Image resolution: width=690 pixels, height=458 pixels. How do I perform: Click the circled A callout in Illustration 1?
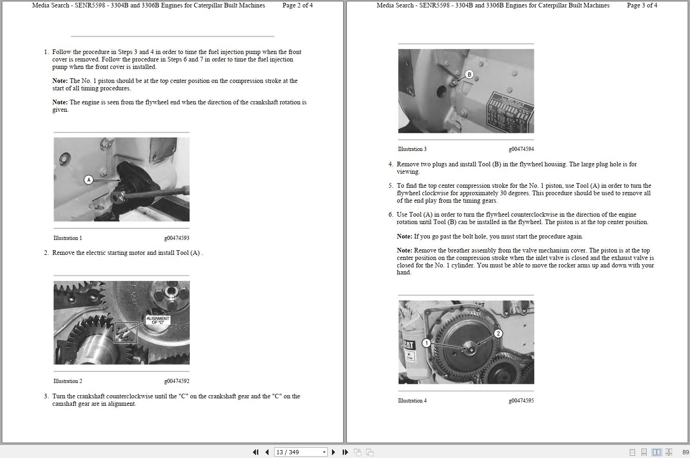89,179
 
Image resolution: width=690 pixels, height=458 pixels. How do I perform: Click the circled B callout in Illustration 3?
469,74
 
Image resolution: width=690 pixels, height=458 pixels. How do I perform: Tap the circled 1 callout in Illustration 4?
426,343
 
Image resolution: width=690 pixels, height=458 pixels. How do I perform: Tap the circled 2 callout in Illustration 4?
498,333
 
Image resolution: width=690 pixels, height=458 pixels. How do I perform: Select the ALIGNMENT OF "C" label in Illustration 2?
158,320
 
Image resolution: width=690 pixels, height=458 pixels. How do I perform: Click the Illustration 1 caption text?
68,238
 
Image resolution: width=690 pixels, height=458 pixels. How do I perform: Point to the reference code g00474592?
177,381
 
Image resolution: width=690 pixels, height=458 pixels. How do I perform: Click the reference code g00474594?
521,149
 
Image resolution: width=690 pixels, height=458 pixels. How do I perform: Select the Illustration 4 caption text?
412,401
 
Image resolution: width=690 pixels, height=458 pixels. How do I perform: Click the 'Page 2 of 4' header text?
297,6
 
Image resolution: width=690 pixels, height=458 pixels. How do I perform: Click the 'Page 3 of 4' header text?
642,6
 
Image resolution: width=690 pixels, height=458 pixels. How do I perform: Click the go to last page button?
345,452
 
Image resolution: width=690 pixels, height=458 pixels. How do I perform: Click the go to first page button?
255,452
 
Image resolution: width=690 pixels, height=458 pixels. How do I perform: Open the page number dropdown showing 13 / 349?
324,452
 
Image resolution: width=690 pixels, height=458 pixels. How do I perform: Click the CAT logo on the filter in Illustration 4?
409,345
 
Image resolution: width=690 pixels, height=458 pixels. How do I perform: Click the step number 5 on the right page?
391,186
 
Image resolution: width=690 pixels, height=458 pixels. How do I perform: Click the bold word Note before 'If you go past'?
404,237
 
